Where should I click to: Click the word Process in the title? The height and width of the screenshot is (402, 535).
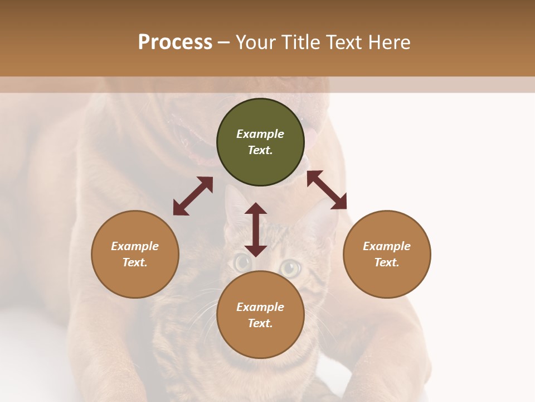(175, 42)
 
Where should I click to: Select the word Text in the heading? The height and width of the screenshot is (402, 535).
(344, 42)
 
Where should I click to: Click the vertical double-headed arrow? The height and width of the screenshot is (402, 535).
(256, 229)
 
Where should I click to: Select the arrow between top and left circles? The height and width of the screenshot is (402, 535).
(193, 196)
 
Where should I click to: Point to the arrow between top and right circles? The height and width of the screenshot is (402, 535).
(327, 190)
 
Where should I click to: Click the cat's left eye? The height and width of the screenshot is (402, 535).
(242, 261)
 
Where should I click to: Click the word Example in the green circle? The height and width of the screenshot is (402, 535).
(260, 134)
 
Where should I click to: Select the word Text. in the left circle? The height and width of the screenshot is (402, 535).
(135, 262)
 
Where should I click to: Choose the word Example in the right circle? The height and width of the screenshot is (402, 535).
(387, 246)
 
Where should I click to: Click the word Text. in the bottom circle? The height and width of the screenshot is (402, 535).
(260, 323)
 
